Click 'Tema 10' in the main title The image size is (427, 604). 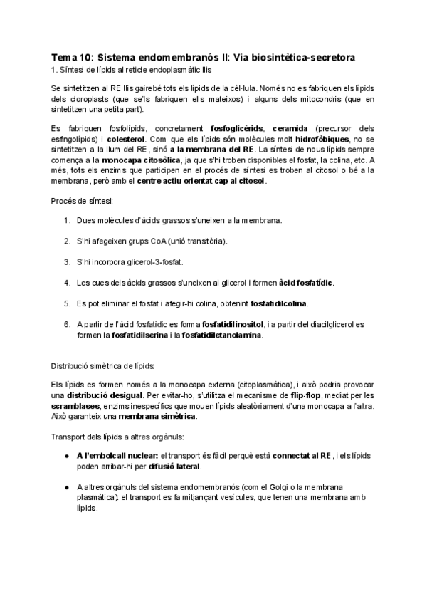pyautogui.click(x=71, y=56)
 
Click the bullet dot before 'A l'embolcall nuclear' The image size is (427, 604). pyautogui.click(x=66, y=456)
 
